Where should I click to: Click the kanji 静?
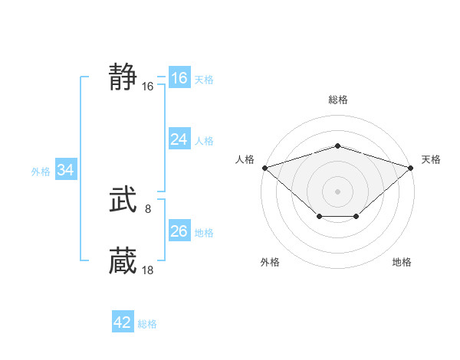(x=123, y=77)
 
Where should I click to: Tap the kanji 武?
(x=123, y=201)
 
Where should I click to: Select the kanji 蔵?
(x=123, y=260)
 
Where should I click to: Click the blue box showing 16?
(x=179, y=78)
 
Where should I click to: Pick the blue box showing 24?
(x=179, y=139)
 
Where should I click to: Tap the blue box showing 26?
(x=179, y=231)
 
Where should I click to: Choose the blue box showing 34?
(x=65, y=171)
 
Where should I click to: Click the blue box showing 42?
(x=123, y=322)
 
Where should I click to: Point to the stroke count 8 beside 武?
(x=148, y=208)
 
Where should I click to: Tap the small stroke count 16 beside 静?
(x=148, y=87)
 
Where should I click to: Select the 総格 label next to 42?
(x=147, y=324)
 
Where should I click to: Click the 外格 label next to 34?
(x=41, y=172)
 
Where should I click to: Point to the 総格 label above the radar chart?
(x=337, y=100)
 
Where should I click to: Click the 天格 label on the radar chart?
(x=431, y=159)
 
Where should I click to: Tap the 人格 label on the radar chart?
(x=245, y=159)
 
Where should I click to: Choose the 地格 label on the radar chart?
(x=402, y=263)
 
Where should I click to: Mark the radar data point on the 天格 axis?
(x=412, y=167)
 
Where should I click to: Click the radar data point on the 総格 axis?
(x=337, y=146)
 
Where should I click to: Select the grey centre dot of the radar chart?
(x=337, y=191)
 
